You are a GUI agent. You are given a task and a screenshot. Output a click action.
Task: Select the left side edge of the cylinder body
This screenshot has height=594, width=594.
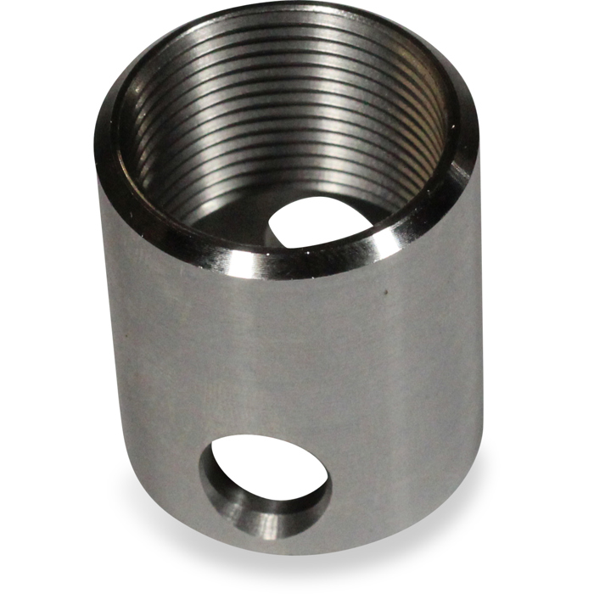click(100, 339)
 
